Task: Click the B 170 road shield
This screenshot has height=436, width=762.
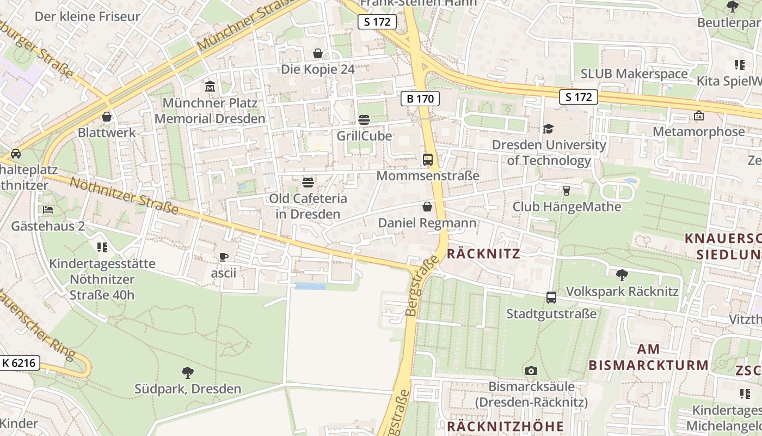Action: [420, 99]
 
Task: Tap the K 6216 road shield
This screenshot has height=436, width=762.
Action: [20, 362]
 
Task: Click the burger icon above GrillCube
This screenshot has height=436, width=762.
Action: [364, 120]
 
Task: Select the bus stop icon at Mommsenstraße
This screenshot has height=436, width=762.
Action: [428, 160]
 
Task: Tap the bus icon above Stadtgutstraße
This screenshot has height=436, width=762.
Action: [551, 298]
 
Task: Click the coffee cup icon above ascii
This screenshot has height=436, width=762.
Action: [223, 257]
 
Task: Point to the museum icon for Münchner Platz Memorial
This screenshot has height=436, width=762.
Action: [210, 87]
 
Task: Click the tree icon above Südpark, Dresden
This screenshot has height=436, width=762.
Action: [188, 373]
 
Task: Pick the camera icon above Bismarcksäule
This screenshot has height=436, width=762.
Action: [531, 371]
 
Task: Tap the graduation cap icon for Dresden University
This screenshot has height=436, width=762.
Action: [548, 129]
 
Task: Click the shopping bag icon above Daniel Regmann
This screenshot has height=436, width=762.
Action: [427, 207]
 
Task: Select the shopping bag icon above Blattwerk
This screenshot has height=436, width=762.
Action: [107, 117]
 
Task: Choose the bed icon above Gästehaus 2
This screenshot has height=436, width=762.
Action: [48, 210]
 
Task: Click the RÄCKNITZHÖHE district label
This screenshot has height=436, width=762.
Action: [505, 426]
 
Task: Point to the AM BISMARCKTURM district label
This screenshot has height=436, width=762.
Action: [648, 357]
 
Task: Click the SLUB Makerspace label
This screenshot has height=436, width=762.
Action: [634, 73]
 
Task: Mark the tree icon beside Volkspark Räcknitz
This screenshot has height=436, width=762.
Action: [622, 275]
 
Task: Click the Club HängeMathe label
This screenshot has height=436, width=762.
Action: [567, 207]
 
